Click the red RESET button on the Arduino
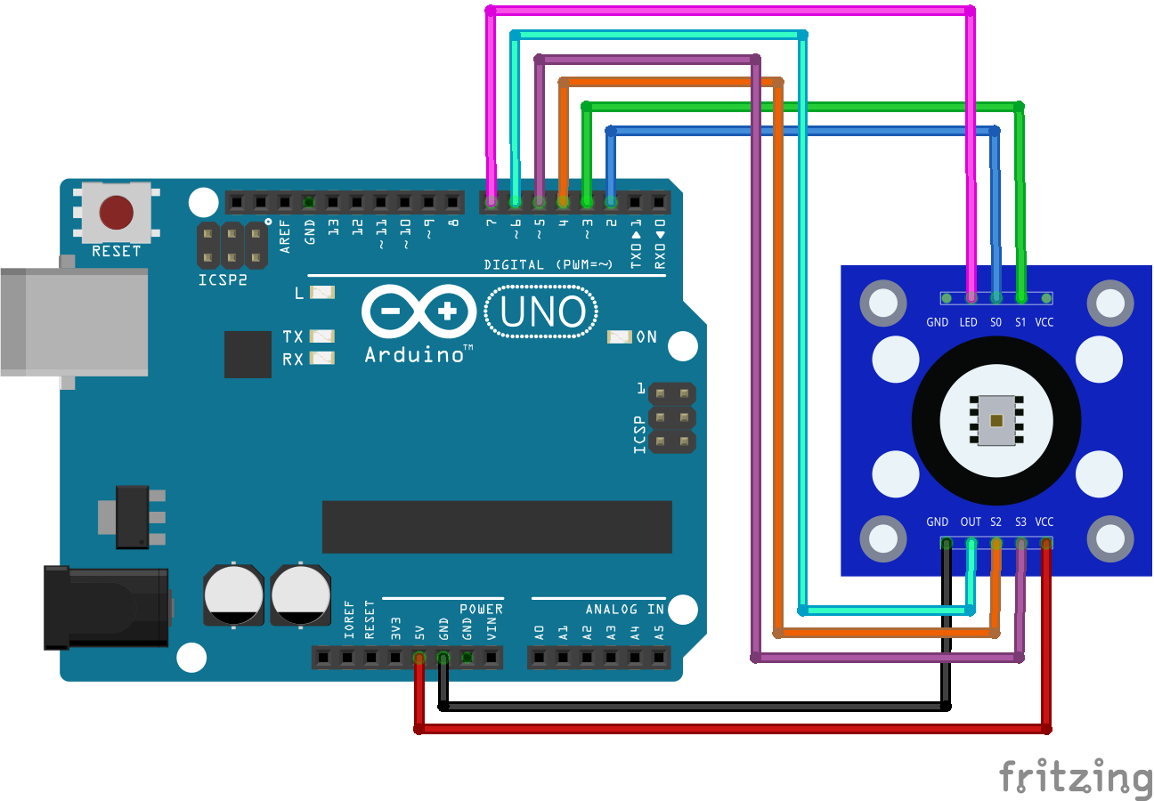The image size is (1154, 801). point(117,214)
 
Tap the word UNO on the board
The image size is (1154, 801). point(542,312)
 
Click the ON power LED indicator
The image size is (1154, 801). point(619,336)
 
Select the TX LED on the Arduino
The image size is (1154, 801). point(322,336)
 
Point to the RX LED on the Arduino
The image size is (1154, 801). point(322,359)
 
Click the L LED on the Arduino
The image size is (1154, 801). point(322,292)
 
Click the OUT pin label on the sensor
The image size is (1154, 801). point(971,522)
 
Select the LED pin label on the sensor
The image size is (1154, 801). point(968,322)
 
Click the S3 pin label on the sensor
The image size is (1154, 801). point(1020,522)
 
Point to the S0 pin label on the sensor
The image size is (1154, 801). point(996,322)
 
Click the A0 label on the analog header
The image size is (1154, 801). point(540,633)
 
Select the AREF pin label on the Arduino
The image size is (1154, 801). point(285,237)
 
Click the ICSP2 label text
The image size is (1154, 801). point(223,279)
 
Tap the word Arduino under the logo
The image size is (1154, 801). point(414,354)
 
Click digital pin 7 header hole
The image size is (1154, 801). point(491,202)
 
